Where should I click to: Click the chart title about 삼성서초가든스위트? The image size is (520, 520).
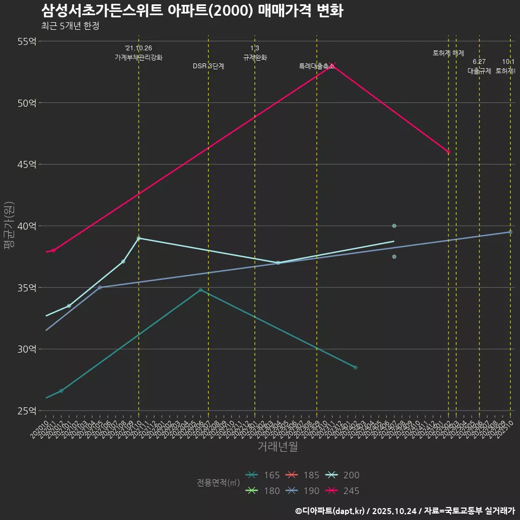pos(192,11)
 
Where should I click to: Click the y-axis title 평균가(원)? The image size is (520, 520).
pos(9,226)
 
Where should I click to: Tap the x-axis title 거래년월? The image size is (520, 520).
pos(277,447)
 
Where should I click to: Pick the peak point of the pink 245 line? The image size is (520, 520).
pos(333,64)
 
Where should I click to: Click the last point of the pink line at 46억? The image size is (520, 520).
pos(448,152)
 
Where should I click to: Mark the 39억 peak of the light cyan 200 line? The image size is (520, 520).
pos(139,238)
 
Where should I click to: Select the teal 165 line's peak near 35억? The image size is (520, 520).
pos(200,290)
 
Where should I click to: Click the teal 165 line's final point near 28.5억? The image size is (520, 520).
pos(355,367)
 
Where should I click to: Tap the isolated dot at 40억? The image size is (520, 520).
pos(394,226)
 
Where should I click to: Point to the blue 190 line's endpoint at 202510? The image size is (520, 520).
pos(510,232)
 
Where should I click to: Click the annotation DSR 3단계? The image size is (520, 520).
pos(209,66)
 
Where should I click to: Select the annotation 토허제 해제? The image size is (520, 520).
pos(448,53)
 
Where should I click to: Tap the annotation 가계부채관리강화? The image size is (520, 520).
pos(139,57)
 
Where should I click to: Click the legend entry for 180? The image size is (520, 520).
pos(263,491)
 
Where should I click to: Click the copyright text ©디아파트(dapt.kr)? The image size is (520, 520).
pos(330,511)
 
